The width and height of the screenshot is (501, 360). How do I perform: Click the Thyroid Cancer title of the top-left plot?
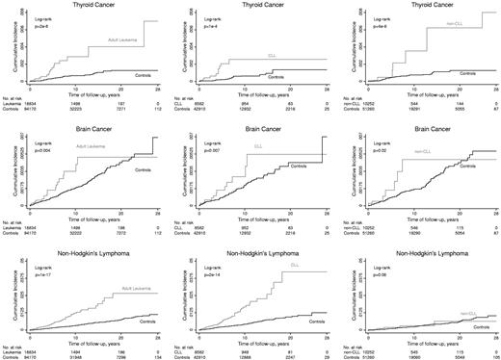[92, 5]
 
